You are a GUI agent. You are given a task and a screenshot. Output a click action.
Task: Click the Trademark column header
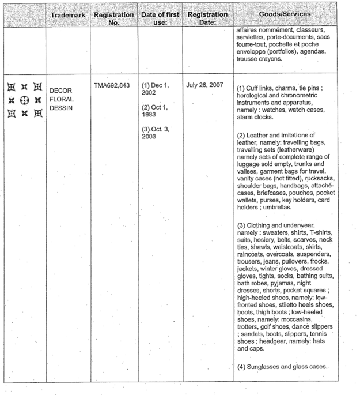tap(68, 13)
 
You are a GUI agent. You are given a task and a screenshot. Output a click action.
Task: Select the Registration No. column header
tap(113, 18)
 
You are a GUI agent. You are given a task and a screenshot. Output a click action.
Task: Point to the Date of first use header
tap(160, 18)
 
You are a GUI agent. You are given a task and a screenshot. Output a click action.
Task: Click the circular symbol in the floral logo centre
tap(24, 100)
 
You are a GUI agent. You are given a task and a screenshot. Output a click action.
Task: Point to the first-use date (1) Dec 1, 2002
tap(155, 89)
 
